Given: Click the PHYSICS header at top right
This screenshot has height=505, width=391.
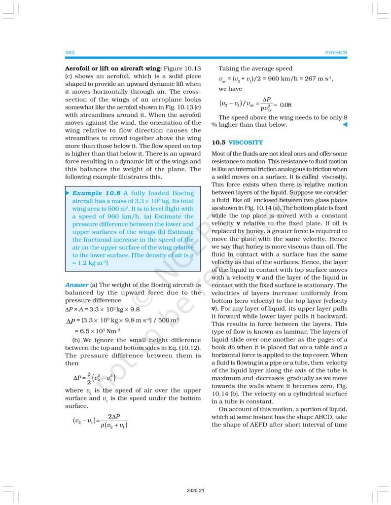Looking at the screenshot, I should click(336, 52).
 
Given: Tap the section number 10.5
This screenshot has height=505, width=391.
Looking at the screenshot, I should click(218, 143).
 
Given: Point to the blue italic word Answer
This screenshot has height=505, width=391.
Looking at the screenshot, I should click(76, 285).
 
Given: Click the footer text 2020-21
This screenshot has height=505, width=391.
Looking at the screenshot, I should click(195, 491).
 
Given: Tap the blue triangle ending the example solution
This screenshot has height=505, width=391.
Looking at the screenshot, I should click(345, 125).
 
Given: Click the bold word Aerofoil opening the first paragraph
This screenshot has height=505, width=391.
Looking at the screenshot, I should click(81, 69).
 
